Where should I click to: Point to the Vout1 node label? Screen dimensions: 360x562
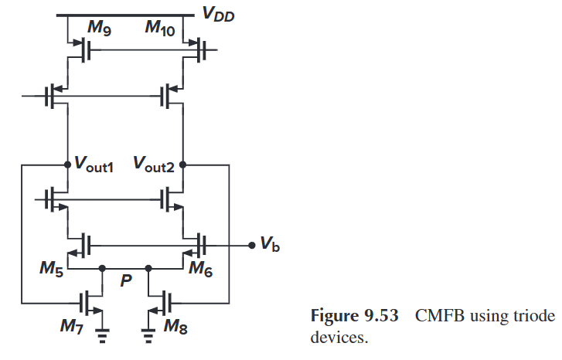tap(94, 165)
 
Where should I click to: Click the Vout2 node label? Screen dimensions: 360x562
tap(155, 165)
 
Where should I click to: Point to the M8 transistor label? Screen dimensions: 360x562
tap(175, 328)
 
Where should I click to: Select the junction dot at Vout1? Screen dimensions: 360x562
tap(67, 164)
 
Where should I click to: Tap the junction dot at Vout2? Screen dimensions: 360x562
tap(182, 164)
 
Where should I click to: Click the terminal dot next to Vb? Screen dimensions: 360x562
tap(251, 246)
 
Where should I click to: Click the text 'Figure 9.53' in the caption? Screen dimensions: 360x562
tap(356, 316)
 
